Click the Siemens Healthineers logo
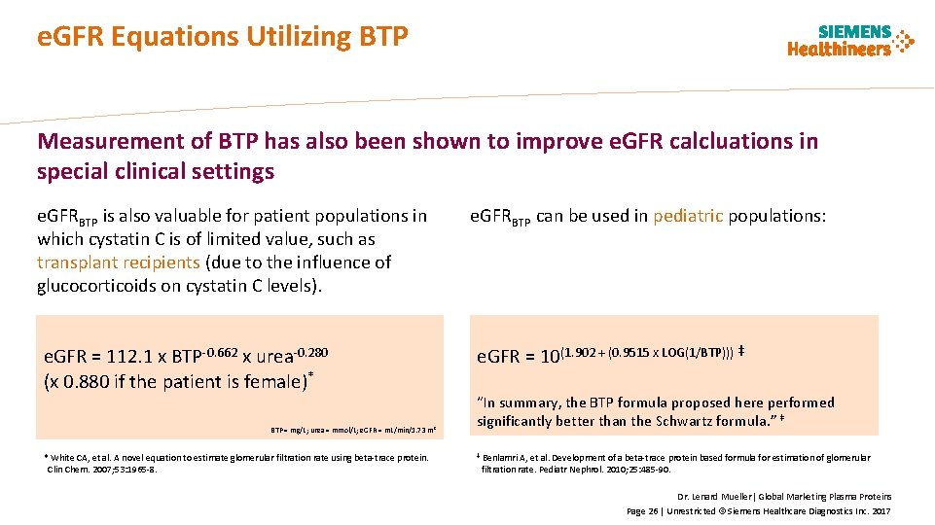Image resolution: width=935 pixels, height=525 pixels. pos(850,41)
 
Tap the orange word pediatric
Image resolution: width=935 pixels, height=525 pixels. pos(688,216)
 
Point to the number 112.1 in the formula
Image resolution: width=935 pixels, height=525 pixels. pos(130,357)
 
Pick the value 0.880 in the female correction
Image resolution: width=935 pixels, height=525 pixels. pos(86,381)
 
